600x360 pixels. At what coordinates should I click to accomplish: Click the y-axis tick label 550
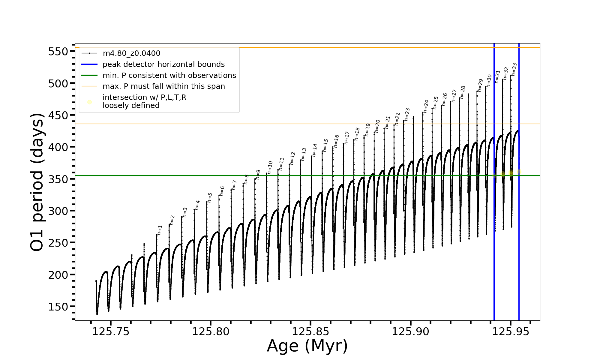pyautogui.click(x=58, y=52)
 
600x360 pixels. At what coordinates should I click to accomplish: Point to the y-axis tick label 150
pyautogui.click(x=58, y=307)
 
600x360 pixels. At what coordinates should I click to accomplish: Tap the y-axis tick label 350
pyautogui.click(x=58, y=179)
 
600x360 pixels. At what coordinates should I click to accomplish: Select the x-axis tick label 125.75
pyautogui.click(x=111, y=331)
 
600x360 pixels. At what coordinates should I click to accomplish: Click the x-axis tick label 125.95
pyautogui.click(x=511, y=331)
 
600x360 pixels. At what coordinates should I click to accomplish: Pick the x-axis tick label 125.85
pyautogui.click(x=310, y=331)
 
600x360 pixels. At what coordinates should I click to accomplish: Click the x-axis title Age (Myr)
pyautogui.click(x=307, y=346)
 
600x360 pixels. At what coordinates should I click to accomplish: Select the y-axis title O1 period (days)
pyautogui.click(x=37, y=182)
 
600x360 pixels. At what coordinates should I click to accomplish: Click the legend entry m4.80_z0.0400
pyautogui.click(x=131, y=53)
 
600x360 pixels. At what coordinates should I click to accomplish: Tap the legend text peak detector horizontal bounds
pyautogui.click(x=163, y=64)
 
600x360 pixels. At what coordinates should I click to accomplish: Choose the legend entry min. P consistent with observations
pyautogui.click(x=169, y=76)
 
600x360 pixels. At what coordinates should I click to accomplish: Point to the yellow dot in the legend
pyautogui.click(x=89, y=102)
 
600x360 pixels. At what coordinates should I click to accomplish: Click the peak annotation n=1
pyautogui.click(x=160, y=230)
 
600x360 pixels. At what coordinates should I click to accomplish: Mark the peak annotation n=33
pyautogui.click(x=514, y=69)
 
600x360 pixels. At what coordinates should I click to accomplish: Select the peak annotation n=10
pyautogui.click(x=270, y=167)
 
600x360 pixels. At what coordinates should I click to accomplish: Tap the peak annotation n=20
pyautogui.click(x=378, y=126)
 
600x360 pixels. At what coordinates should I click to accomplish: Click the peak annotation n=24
pyautogui.click(x=426, y=106)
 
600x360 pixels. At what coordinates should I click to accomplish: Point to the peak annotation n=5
pyautogui.click(x=210, y=198)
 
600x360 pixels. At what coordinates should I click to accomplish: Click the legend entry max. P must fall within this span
pyautogui.click(x=163, y=86)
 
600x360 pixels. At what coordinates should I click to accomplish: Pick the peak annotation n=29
pyautogui.click(x=480, y=85)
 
